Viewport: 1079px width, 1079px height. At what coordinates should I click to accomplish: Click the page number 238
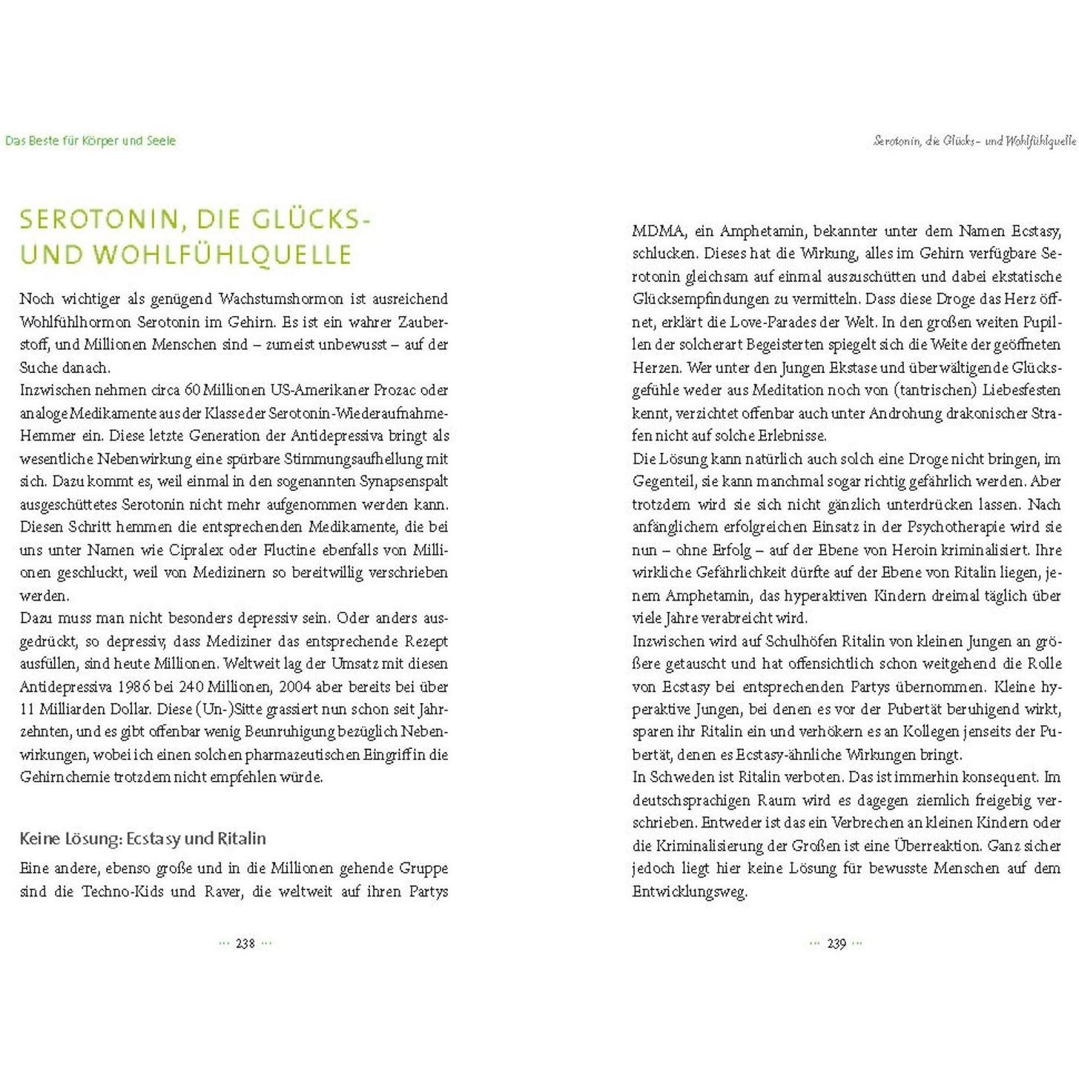(x=245, y=943)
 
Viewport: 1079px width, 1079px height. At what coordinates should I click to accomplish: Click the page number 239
(x=836, y=943)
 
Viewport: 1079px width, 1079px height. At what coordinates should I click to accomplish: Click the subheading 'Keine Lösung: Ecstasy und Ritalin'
(x=142, y=839)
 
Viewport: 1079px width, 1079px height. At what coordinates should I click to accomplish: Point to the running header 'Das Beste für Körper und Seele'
(x=90, y=141)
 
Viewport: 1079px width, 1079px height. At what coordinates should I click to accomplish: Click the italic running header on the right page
(x=974, y=141)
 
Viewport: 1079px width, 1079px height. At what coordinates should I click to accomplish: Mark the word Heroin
(x=847, y=550)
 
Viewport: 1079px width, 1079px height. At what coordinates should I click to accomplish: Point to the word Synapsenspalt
(x=404, y=481)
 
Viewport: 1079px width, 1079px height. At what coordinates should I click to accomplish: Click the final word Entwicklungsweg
(x=689, y=891)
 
